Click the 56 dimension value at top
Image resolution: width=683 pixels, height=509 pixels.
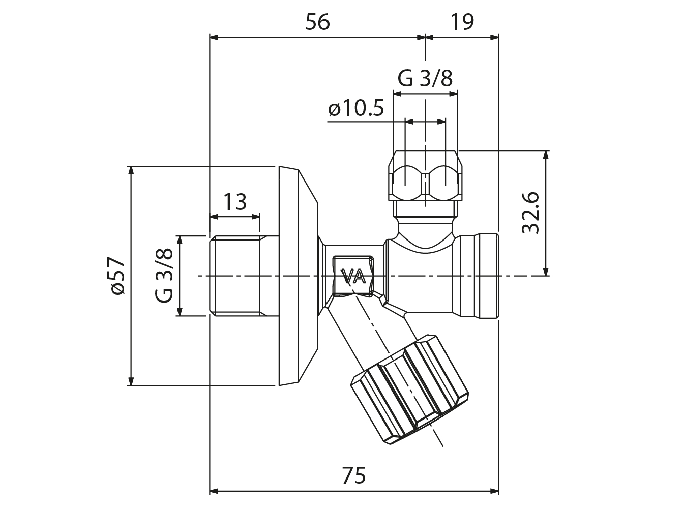click(x=317, y=22)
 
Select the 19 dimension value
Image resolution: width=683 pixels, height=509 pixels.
click(x=462, y=22)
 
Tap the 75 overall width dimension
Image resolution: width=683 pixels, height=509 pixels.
click(x=353, y=476)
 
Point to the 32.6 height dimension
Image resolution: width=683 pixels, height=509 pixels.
click(x=530, y=213)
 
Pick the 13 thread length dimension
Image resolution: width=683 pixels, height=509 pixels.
click(x=235, y=202)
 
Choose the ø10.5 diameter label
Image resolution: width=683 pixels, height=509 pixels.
click(x=356, y=109)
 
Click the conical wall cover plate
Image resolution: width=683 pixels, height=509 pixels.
click(x=298, y=276)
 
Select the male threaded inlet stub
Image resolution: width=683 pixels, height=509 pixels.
click(x=243, y=276)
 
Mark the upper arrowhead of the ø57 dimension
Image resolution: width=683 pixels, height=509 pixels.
click(x=131, y=170)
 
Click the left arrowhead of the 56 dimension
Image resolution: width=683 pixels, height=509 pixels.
click(x=214, y=37)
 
